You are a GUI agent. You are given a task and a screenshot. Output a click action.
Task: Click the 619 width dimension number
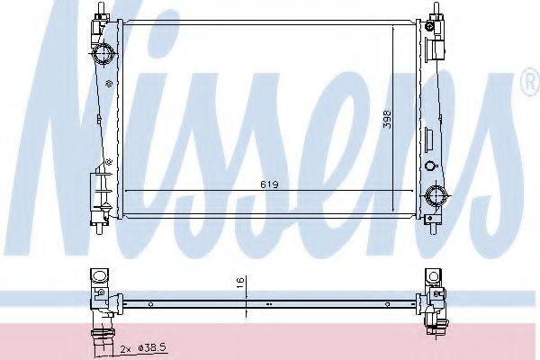pos(269,184)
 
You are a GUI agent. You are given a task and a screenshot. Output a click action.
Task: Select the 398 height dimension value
pos(387,119)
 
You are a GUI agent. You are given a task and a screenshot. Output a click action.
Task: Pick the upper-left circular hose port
pos(103,54)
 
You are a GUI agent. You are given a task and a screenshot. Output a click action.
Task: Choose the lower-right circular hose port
pos(436,195)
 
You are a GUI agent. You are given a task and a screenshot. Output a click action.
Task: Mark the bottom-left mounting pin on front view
pos(100,229)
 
